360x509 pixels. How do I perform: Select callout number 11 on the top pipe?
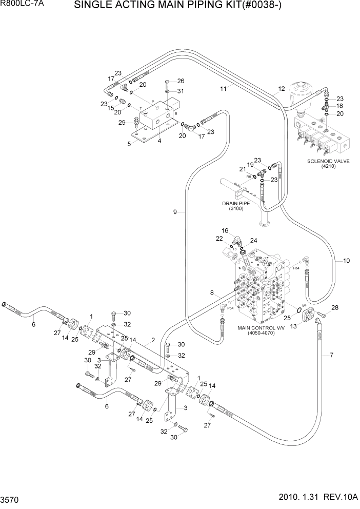pyautogui.click(x=223, y=89)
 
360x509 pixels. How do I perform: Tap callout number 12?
pyautogui.click(x=281, y=89)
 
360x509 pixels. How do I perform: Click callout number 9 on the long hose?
pyautogui.click(x=175, y=212)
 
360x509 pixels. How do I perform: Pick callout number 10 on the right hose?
pyautogui.click(x=346, y=261)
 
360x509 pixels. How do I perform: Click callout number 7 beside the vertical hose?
pyautogui.click(x=331, y=355)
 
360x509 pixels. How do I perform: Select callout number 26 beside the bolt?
pyautogui.click(x=180, y=81)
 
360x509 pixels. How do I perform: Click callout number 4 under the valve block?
pyautogui.click(x=159, y=141)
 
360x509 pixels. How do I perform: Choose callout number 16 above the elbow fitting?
pyautogui.click(x=225, y=231)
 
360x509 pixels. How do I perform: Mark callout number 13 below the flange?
pyautogui.click(x=293, y=326)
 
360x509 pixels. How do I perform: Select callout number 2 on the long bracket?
pyautogui.click(x=152, y=340)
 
